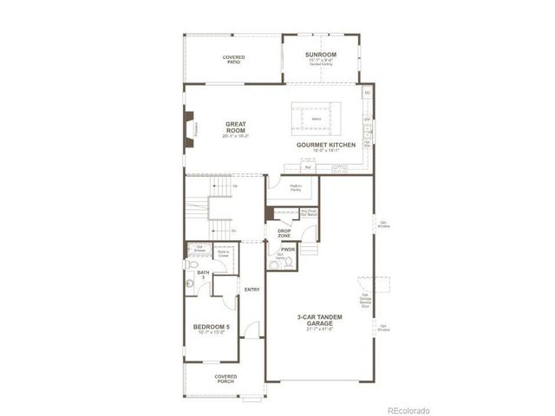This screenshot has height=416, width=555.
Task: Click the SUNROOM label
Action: point(320,55)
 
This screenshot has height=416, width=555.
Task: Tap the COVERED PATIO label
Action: point(233,59)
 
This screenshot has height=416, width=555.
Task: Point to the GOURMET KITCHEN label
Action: point(325,144)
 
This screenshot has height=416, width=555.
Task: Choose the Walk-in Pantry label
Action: point(284,188)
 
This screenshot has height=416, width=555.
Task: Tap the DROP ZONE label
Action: point(284,232)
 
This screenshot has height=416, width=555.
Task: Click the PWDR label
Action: point(288,249)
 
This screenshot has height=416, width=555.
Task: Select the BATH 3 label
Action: point(203,274)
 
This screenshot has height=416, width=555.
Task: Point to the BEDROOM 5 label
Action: point(212,328)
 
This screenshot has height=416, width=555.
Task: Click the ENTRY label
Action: point(252,289)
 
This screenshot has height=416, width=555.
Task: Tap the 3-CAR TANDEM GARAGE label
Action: point(320,320)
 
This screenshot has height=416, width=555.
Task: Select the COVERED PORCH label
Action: point(225,379)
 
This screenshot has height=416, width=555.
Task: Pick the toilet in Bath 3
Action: point(191,283)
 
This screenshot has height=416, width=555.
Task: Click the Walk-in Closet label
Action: point(223,255)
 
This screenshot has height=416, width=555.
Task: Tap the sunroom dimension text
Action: point(320,62)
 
